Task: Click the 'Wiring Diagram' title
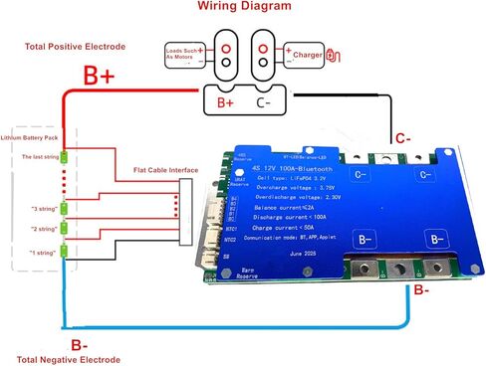[x=244, y=7]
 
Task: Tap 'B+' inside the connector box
[x=224, y=101]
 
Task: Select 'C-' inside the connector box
[x=263, y=101]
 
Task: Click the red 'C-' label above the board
[x=403, y=139]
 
